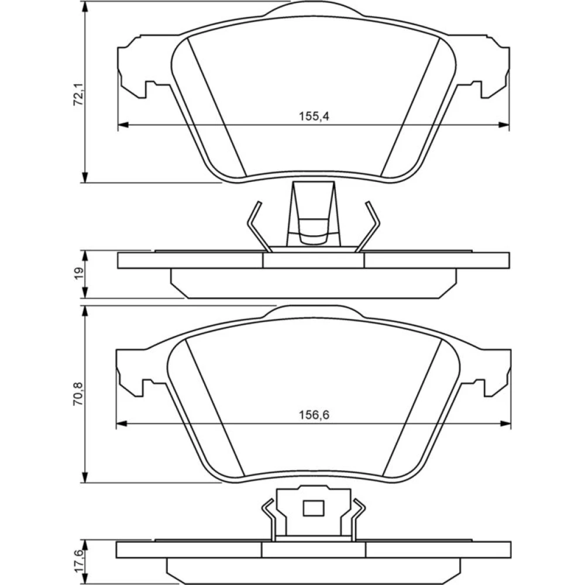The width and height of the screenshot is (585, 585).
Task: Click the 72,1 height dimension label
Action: (79, 95)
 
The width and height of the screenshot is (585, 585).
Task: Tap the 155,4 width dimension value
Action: (314, 116)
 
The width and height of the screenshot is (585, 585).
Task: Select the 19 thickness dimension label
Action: (79, 274)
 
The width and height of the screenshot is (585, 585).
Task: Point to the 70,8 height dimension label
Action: (79, 394)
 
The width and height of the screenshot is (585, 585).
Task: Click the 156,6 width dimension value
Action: (314, 415)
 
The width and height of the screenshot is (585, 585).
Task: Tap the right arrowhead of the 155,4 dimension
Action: (504, 125)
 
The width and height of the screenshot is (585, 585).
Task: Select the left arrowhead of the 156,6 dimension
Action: (122, 424)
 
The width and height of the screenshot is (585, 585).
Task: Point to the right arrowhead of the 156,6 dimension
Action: (505, 424)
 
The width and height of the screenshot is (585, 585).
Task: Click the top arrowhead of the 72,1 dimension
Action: (86, 8)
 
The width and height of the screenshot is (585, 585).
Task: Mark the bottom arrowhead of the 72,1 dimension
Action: (86, 177)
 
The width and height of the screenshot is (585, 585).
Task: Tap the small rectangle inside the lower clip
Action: (314, 508)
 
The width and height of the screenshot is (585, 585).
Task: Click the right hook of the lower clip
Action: (358, 519)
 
